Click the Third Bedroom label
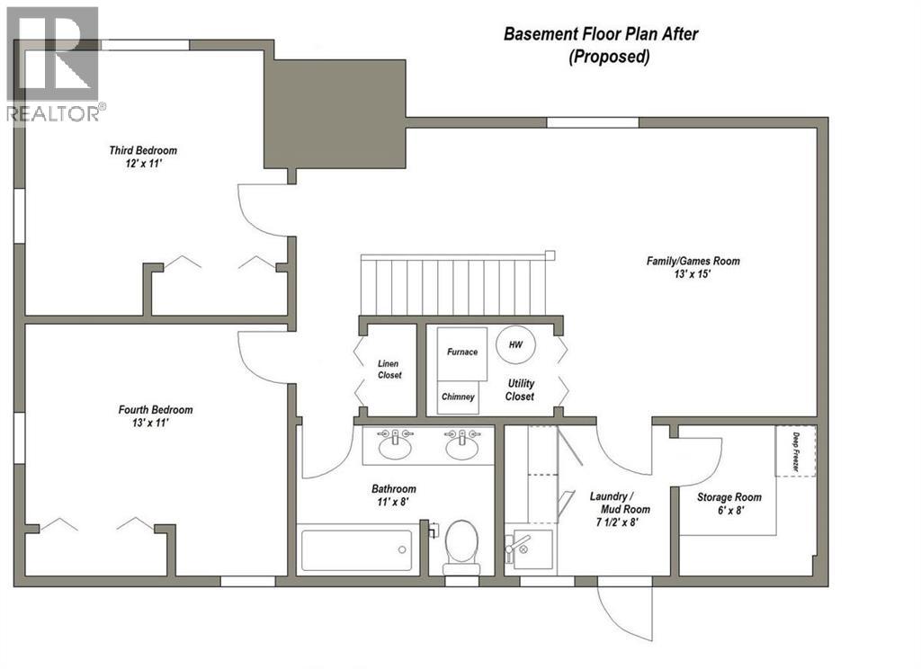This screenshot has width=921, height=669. [143, 150]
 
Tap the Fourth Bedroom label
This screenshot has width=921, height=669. [156, 410]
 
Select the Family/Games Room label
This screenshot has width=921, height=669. [693, 261]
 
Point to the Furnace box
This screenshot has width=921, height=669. [462, 352]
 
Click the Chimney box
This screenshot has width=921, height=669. [458, 397]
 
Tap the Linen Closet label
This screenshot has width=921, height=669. [389, 369]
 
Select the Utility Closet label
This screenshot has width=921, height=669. [520, 389]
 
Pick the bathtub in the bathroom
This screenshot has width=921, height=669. [356, 549]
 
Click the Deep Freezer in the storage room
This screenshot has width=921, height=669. [795, 450]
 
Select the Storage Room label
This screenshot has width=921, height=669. [729, 497]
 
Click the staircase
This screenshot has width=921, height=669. [453, 286]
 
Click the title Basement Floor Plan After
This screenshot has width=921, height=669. [601, 35]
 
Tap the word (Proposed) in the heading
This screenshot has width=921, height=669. [608, 57]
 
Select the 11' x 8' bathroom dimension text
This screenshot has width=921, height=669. [394, 503]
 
